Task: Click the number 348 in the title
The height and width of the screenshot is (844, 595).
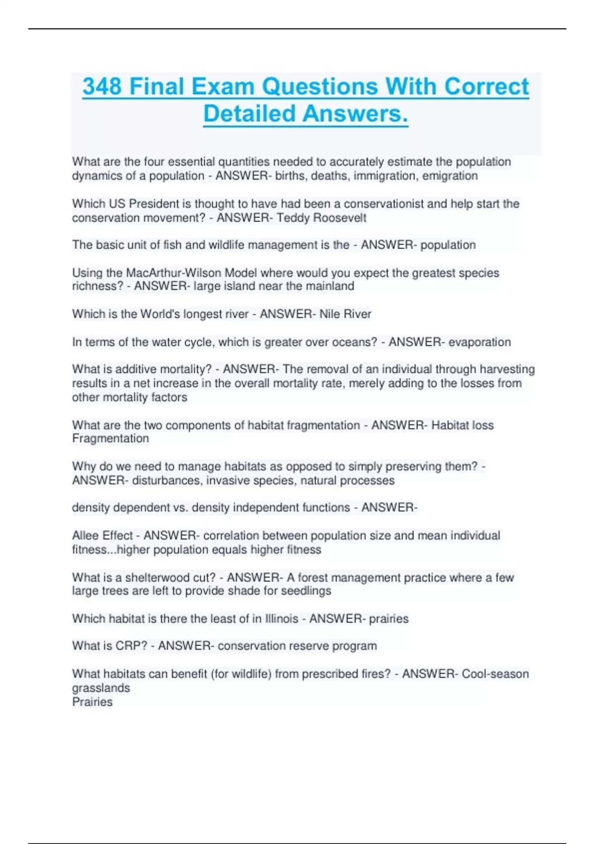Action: [102, 86]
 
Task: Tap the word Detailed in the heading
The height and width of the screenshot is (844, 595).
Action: [250, 114]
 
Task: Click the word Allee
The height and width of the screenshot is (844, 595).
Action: [85, 535]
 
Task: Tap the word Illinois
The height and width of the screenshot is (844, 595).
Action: [282, 619]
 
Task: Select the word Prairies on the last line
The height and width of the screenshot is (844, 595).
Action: [92, 702]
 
